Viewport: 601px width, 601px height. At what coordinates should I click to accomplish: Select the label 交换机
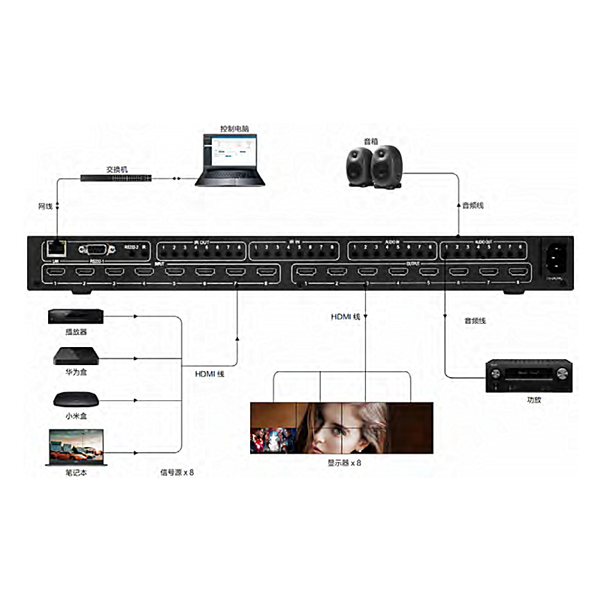pyautogui.click(x=117, y=168)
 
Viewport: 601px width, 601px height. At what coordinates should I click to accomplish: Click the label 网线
pyautogui.click(x=45, y=205)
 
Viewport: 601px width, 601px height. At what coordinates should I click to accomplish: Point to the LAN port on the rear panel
pyautogui.click(x=55, y=246)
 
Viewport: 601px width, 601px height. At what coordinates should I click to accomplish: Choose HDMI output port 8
pyautogui.click(x=517, y=273)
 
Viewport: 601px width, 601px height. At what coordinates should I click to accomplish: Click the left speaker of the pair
pyautogui.click(x=358, y=165)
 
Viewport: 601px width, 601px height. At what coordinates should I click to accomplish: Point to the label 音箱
pyautogui.click(x=371, y=140)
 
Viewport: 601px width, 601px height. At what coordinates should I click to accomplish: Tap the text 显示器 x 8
pyautogui.click(x=345, y=463)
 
